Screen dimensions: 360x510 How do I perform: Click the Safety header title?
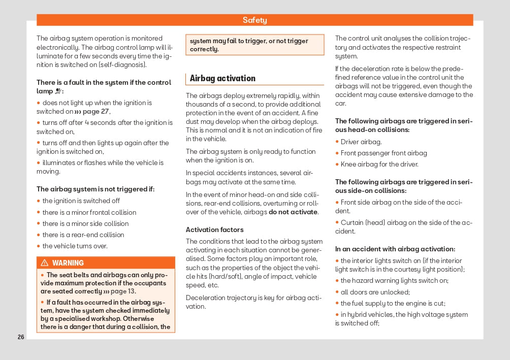point(254,20)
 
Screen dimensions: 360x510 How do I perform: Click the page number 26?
point(21,337)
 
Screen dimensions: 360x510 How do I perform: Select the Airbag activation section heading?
point(222,78)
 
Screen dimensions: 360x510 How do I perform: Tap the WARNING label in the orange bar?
point(68,263)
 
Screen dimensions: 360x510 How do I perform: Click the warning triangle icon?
point(45,263)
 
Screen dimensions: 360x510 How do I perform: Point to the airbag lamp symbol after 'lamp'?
point(59,92)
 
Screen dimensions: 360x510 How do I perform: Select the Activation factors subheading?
point(214,230)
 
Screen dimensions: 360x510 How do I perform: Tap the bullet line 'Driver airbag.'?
point(361,142)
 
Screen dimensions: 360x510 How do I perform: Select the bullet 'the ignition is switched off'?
point(81,201)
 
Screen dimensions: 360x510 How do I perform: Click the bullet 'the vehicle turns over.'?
point(75,246)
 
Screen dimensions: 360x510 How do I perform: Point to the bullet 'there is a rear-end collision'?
point(83,235)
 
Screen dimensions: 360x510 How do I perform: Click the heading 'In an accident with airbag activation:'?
point(395,249)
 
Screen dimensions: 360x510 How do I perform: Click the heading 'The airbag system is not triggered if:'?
point(95,189)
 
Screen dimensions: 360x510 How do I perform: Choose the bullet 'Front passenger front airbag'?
point(384,153)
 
